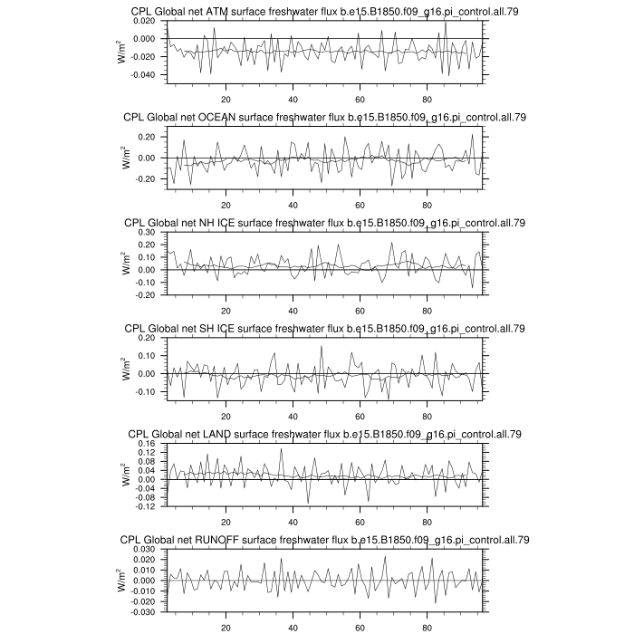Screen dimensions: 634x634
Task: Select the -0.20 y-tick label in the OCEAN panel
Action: tap(148, 178)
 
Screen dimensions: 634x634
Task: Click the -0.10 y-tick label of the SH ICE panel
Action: tap(148, 391)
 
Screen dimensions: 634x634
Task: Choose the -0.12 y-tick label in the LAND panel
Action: tap(148, 506)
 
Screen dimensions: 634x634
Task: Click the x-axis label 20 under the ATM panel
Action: tap(226, 99)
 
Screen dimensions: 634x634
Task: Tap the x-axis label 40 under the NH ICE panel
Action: tap(293, 310)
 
